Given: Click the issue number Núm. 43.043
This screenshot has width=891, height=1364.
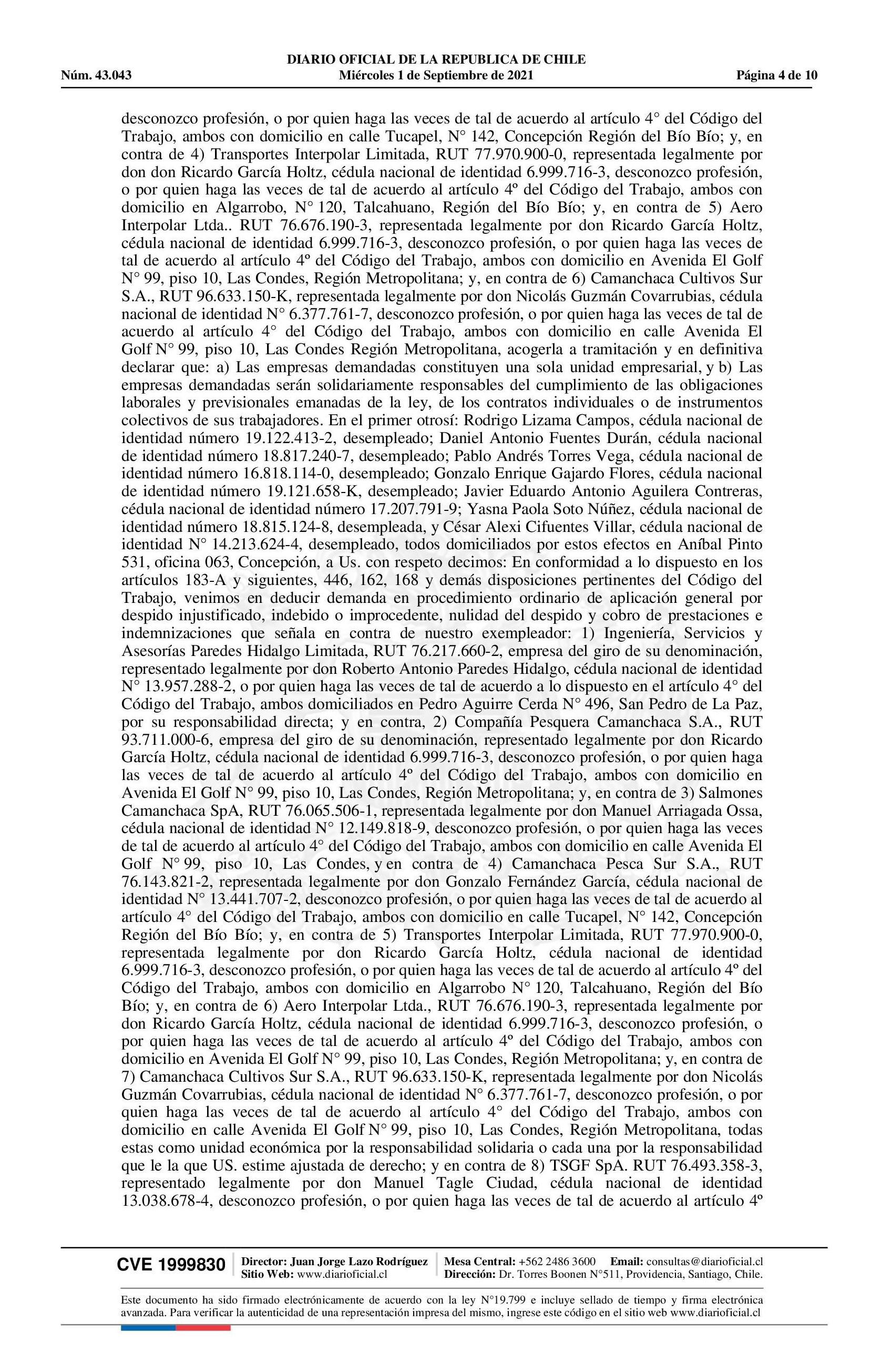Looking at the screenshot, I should coord(96,75).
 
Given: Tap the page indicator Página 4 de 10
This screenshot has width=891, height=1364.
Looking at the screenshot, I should coord(776,75).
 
